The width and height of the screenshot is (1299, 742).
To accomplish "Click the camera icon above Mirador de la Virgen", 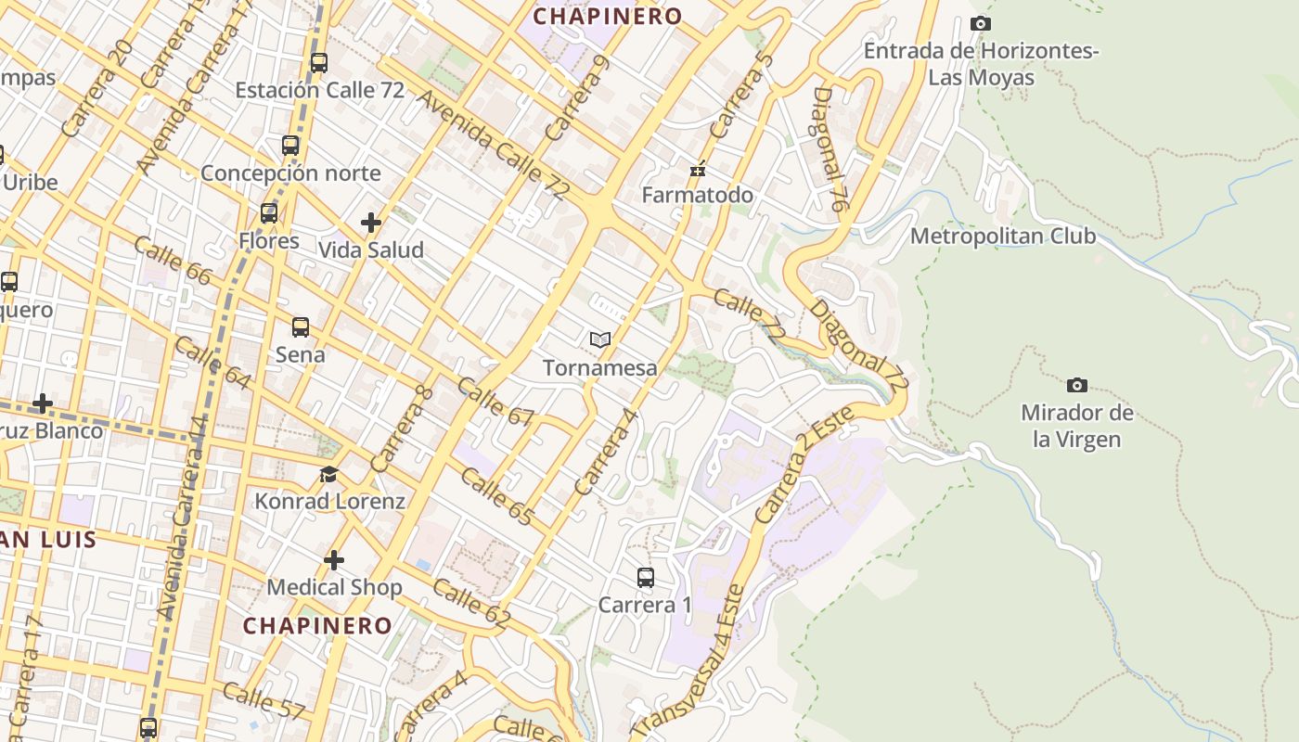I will pos(1076,385).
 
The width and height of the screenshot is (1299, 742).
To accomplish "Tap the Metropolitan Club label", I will pos(1002,237).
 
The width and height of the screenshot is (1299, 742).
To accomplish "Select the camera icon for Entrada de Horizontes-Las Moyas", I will pos(980,23).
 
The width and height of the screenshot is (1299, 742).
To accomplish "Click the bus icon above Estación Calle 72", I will pos(319,63).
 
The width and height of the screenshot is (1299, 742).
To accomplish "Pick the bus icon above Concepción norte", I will pos(290,146).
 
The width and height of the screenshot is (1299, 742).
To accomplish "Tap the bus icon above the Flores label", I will pos(269,213).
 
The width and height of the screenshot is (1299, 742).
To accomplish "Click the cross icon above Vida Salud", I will pos(371,223).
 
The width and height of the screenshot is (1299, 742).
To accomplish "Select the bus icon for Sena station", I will pos(301,327).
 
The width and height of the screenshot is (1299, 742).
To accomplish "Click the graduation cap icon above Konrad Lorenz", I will pos(328,475).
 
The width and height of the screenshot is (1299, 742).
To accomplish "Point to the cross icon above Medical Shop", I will pos(334,560).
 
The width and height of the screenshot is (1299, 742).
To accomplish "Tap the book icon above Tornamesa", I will pos(600,340).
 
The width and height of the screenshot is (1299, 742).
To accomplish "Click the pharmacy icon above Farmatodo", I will pos(698,169).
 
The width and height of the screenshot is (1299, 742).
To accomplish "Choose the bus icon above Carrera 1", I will pos(646,578).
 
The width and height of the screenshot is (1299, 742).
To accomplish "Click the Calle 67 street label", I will pos(495,402).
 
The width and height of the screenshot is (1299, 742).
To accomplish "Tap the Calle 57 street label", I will pos(264,701).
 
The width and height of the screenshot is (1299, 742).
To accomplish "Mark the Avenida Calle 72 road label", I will pos(492,145).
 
